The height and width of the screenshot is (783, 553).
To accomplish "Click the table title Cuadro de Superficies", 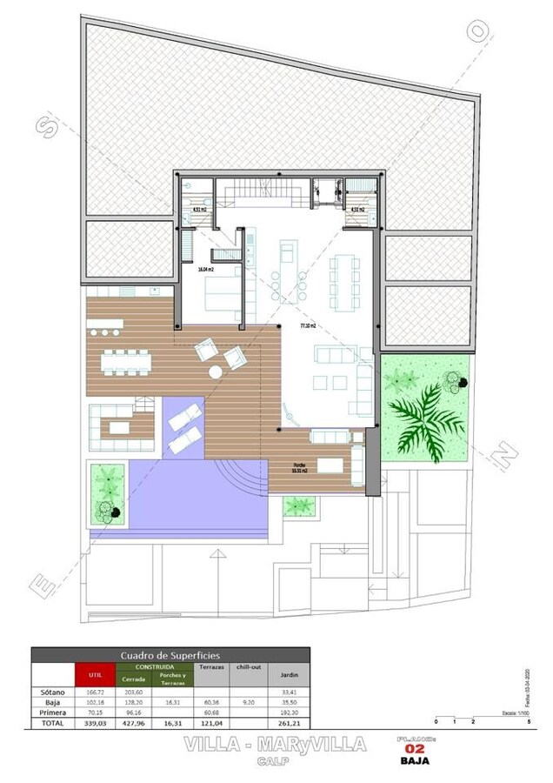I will point(170,655).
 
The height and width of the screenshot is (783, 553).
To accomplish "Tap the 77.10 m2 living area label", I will point(307,325).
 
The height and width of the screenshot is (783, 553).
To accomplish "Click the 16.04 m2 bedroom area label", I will point(205,270).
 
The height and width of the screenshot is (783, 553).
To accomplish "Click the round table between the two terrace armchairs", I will point(216,371).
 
